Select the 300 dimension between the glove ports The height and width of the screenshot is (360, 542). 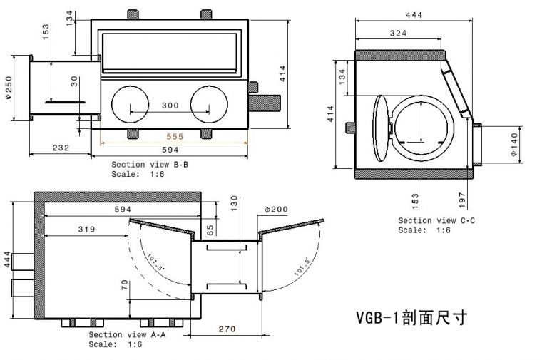(x=170, y=106)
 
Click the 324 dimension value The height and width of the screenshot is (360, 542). (x=399, y=34)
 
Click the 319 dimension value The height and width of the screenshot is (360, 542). (x=86, y=230)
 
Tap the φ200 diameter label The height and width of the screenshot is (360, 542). (x=276, y=210)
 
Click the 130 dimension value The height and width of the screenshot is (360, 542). (x=235, y=203)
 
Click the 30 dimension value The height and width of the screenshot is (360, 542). (x=74, y=81)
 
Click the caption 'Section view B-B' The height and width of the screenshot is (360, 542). (x=149, y=165)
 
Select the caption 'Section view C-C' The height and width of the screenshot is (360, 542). (x=436, y=221)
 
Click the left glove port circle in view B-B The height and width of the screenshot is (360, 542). (x=130, y=106)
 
